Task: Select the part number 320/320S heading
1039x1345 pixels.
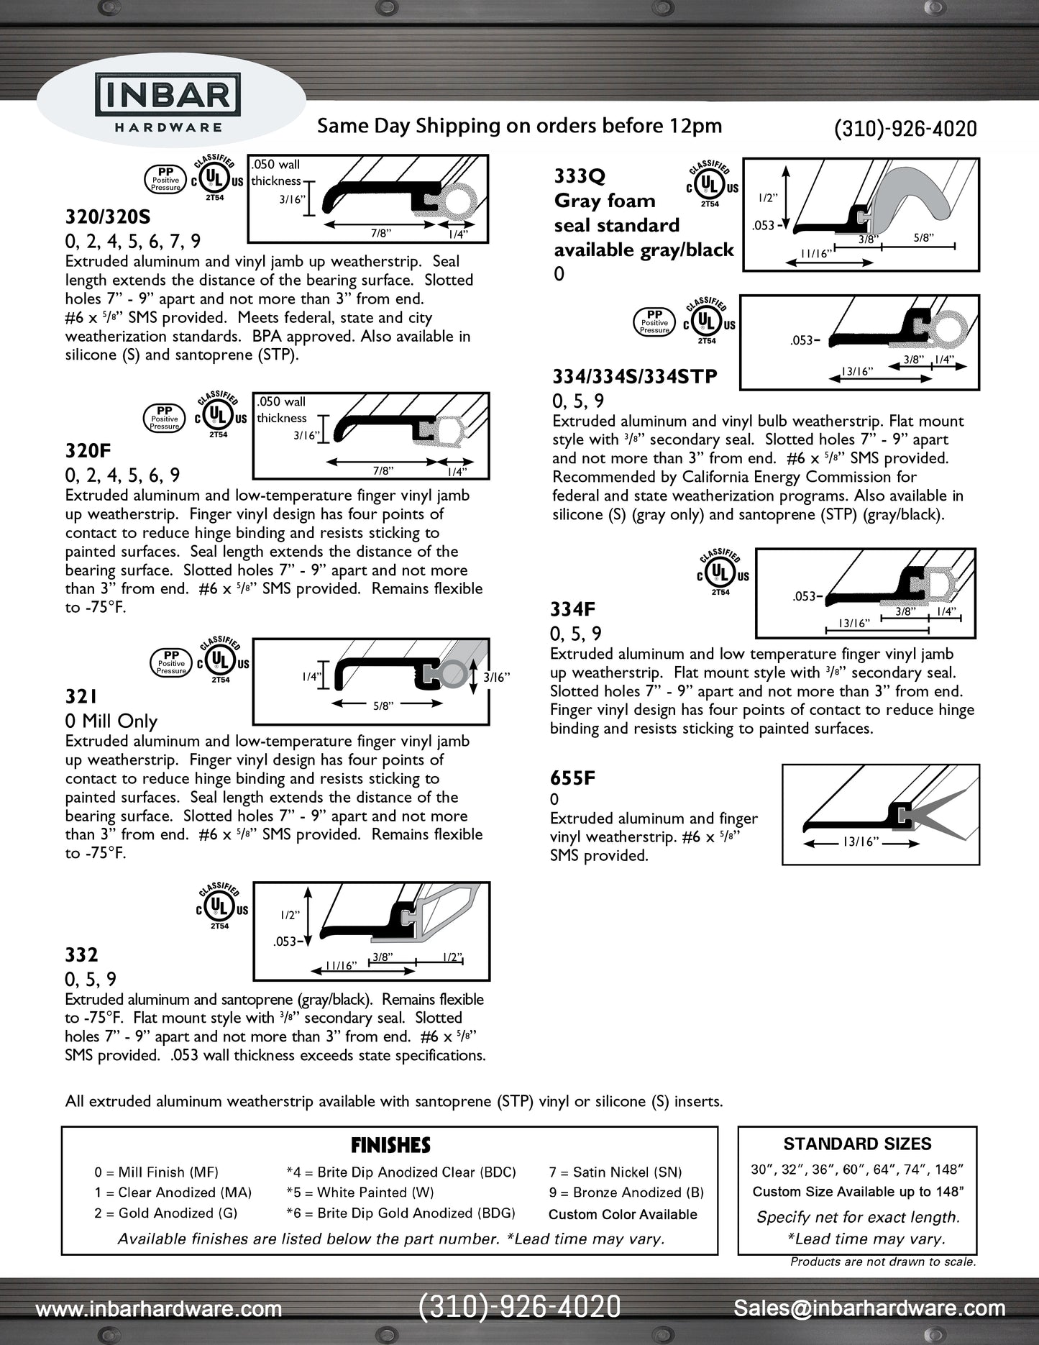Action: click(x=108, y=216)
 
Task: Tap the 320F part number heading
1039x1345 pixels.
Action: click(x=88, y=451)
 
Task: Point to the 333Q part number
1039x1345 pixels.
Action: click(x=580, y=176)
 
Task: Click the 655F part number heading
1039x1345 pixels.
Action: click(x=572, y=778)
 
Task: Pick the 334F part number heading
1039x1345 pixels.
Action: click(x=572, y=609)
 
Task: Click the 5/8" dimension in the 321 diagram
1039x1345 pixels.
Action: click(x=383, y=706)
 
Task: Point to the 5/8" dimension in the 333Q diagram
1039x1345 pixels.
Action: click(x=923, y=238)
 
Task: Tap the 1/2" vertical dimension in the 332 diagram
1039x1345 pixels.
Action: click(x=290, y=915)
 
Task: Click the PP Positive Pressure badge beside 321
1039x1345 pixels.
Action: click(x=171, y=662)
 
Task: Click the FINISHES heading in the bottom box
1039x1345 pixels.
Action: click(x=390, y=1145)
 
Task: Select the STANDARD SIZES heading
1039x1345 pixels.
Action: click(x=857, y=1144)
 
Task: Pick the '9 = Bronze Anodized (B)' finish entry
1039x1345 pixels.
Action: click(x=626, y=1192)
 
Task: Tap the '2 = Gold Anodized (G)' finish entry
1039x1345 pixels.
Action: click(x=165, y=1213)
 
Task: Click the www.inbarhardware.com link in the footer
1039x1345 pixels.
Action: click(x=159, y=1309)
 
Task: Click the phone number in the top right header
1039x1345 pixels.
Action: click(x=905, y=129)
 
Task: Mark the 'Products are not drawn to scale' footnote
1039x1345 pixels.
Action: click(x=883, y=1261)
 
